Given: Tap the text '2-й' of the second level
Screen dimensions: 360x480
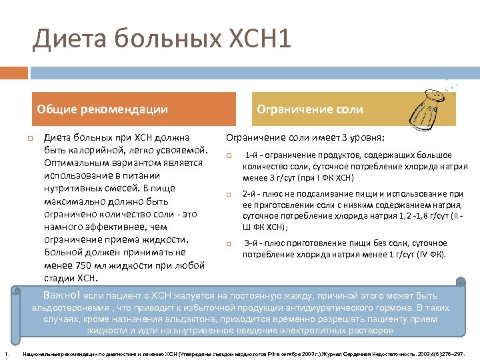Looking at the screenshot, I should tap(250, 193).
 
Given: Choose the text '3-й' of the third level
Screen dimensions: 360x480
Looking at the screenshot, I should tap(251, 243).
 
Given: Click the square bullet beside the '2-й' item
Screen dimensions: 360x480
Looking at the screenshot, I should tap(228, 194).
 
